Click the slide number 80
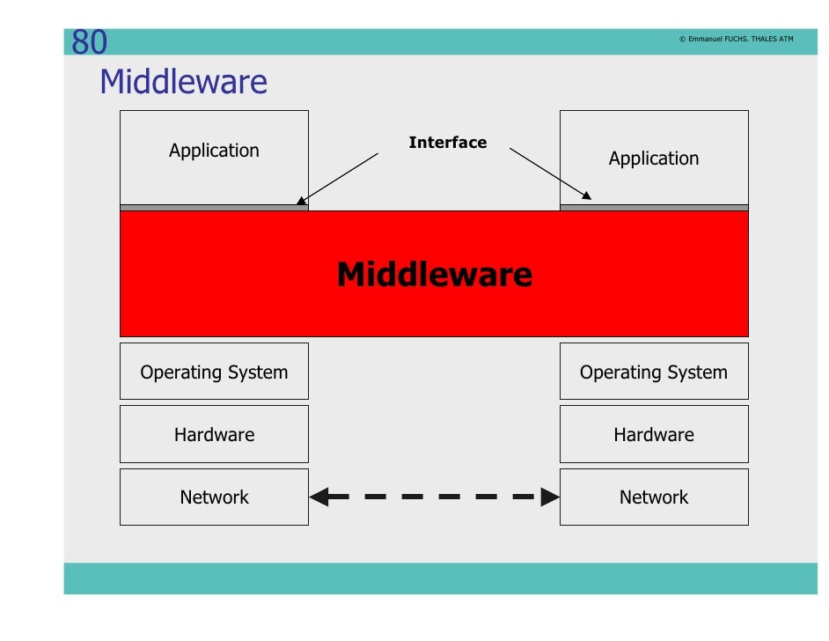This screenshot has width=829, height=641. click(89, 42)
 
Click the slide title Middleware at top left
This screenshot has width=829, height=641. click(183, 82)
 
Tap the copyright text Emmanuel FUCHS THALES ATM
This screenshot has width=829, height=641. click(736, 39)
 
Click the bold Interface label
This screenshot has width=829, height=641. click(447, 143)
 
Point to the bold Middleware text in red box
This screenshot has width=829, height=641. click(434, 275)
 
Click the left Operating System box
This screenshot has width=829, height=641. click(214, 372)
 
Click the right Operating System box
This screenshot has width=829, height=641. click(654, 372)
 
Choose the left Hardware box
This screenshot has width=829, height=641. click(214, 434)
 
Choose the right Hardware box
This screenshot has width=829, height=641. click(654, 434)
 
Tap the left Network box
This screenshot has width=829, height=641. click(214, 497)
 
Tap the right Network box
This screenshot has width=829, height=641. click(654, 497)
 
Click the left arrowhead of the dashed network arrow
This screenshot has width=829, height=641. click(319, 497)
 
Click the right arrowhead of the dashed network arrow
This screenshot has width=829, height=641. click(550, 497)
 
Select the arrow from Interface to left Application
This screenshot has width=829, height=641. click(339, 178)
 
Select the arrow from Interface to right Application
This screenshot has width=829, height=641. click(550, 173)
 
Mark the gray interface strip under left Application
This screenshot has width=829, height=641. click(214, 208)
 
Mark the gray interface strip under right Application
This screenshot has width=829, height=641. click(654, 208)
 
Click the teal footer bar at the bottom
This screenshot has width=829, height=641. click(444, 578)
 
